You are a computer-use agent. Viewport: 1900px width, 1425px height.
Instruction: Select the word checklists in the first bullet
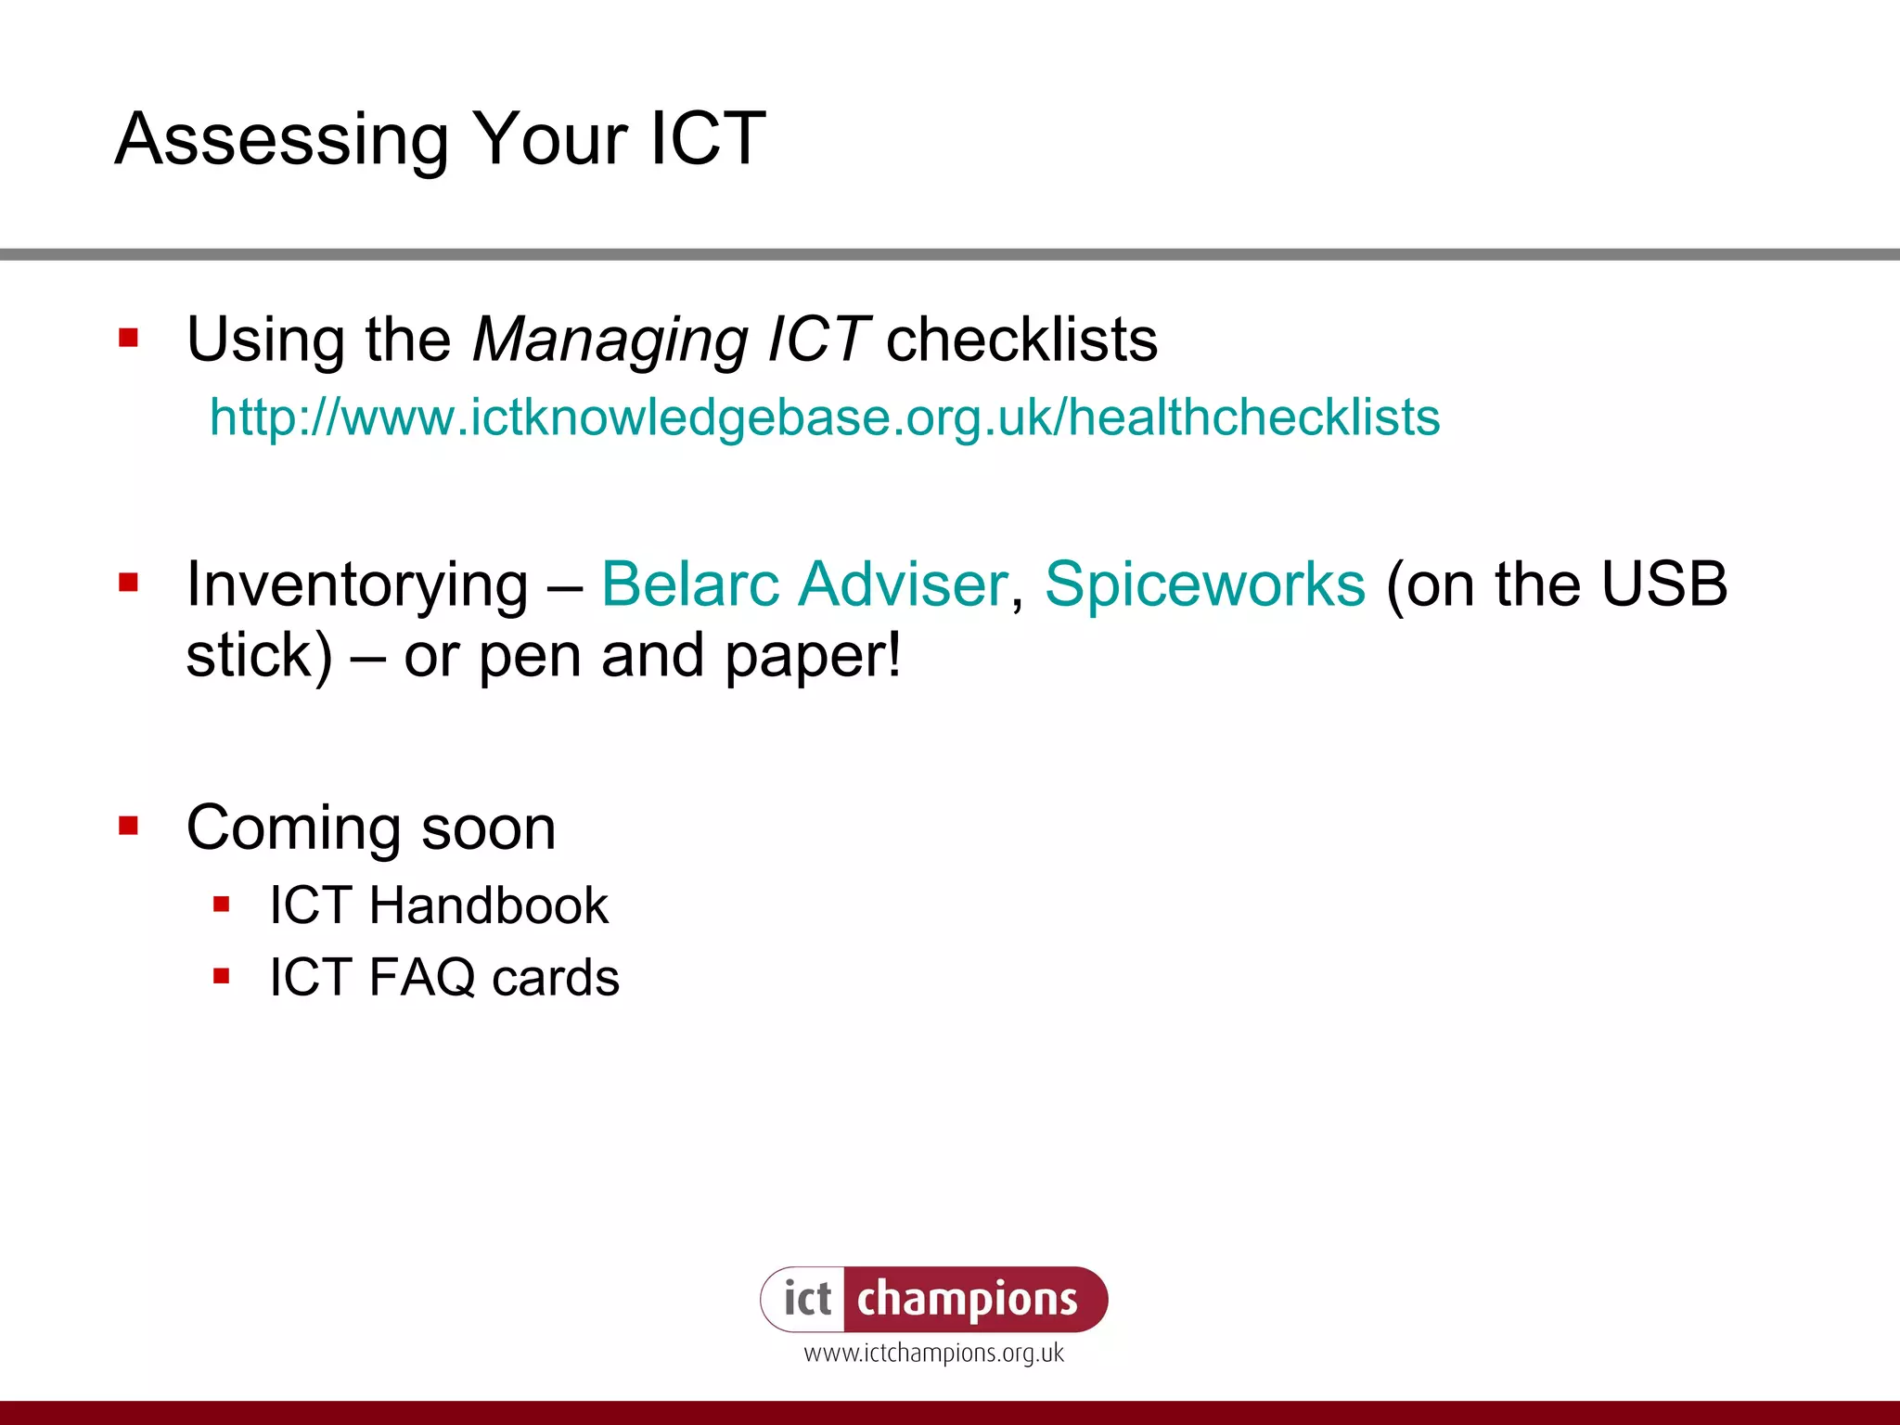pyautogui.click(x=1021, y=340)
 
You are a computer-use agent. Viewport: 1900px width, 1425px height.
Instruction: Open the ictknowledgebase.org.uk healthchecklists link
pyautogui.click(x=825, y=417)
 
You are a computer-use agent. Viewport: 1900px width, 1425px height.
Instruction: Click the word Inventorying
pyautogui.click(x=357, y=584)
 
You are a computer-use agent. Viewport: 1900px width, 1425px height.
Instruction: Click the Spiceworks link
pyautogui.click(x=1205, y=584)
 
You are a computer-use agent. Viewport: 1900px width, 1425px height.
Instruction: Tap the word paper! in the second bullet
pyautogui.click(x=813, y=656)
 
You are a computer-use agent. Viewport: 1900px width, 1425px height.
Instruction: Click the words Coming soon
pyautogui.click(x=371, y=828)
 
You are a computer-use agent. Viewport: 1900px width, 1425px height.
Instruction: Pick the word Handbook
pyautogui.click(x=488, y=905)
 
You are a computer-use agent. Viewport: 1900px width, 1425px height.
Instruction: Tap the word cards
pyautogui.click(x=556, y=978)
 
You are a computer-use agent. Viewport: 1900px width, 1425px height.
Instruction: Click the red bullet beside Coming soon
pyautogui.click(x=128, y=825)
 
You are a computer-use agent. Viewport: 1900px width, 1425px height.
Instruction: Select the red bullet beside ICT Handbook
pyautogui.click(x=221, y=904)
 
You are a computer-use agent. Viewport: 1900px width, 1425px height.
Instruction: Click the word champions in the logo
pyautogui.click(x=967, y=1299)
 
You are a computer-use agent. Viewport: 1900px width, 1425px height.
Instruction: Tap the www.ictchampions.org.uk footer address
pyautogui.click(x=933, y=1354)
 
